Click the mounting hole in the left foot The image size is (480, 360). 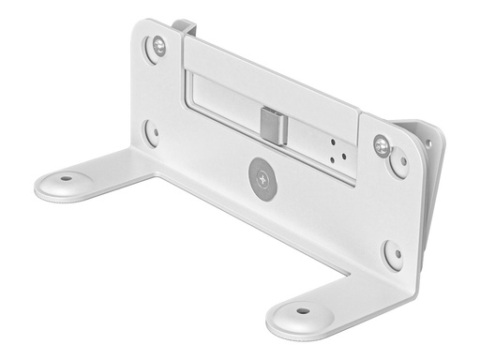pyautogui.click(x=66, y=178)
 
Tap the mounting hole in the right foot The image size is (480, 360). pyautogui.click(x=302, y=310)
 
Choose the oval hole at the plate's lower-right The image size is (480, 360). pyautogui.click(x=393, y=254)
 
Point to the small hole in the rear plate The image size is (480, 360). pyautogui.click(x=429, y=143)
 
